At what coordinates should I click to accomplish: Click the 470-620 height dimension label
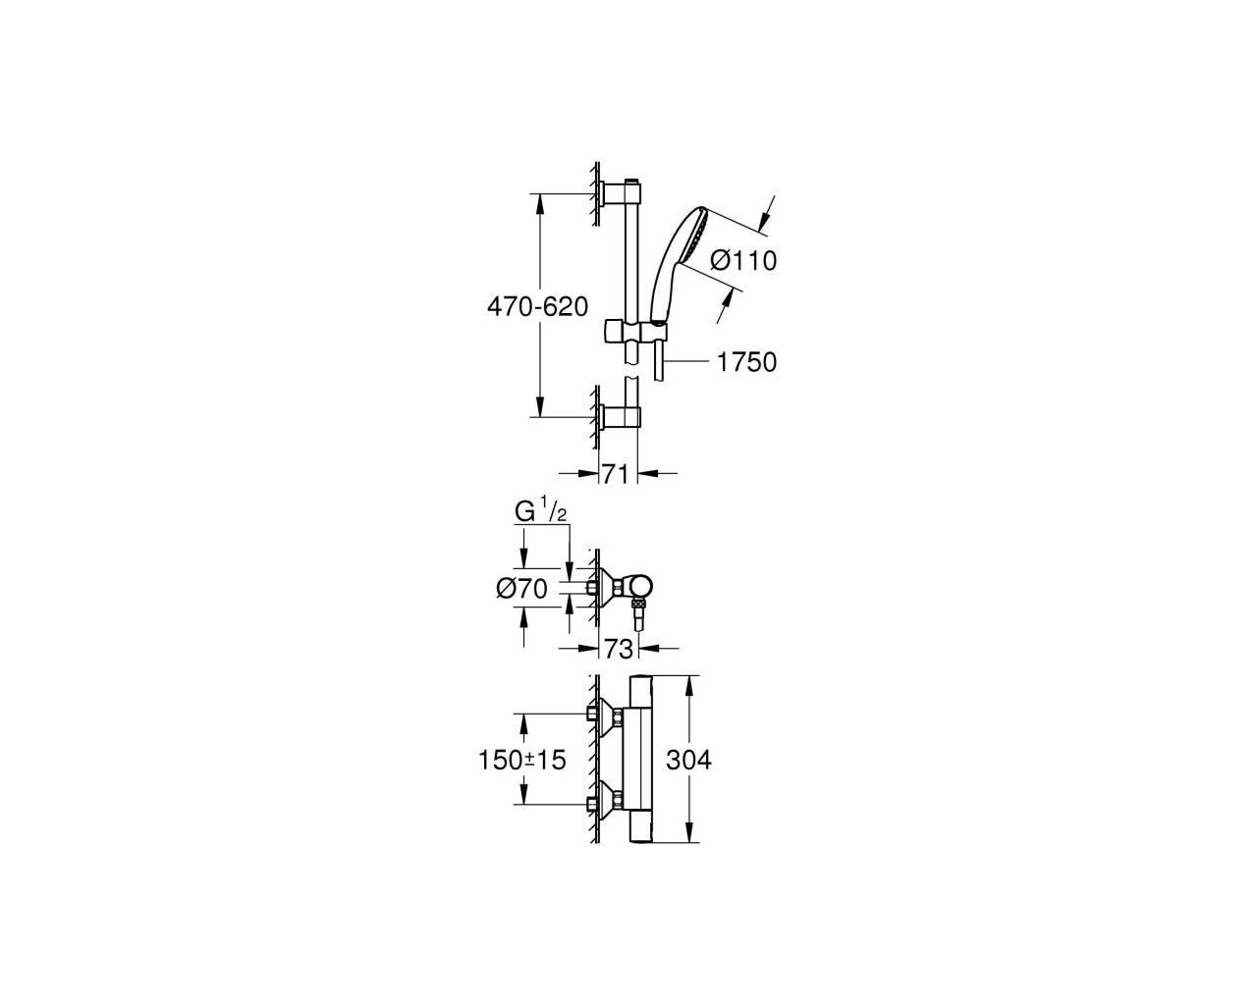click(537, 307)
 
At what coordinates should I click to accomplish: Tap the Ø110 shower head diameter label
click(743, 260)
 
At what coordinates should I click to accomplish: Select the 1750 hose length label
click(746, 362)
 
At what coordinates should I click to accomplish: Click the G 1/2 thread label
click(540, 512)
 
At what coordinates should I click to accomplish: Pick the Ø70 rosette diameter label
click(521, 589)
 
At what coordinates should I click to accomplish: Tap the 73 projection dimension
click(619, 649)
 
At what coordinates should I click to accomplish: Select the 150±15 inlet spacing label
click(522, 760)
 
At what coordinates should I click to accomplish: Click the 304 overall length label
click(688, 760)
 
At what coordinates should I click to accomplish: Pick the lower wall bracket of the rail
click(621, 416)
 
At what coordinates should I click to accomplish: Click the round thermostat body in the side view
click(639, 588)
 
